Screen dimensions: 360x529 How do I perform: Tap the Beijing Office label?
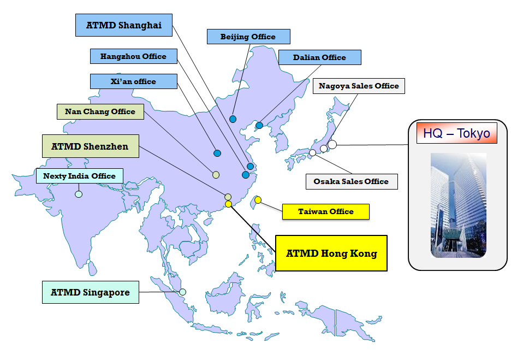pos(248,37)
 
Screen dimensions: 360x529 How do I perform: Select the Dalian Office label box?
pos(319,57)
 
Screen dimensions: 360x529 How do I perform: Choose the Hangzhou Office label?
pos(134,56)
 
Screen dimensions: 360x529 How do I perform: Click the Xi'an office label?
pos(133,81)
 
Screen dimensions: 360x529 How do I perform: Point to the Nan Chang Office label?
pos(100,111)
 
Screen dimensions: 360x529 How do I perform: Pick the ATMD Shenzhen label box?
pos(90,146)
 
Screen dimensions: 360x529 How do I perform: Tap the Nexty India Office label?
pos(79,176)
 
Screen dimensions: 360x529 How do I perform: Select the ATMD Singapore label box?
pos(90,292)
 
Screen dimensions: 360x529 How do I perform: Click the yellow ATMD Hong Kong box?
pos(331,253)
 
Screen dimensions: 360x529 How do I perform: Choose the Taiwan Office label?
pos(326,211)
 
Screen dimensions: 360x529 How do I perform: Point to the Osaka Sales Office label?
pos(351,181)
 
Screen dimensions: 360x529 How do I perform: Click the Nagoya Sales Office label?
pos(359,86)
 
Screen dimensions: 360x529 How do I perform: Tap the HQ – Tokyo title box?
pos(457,133)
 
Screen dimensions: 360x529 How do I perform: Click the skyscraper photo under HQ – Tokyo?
pos(458,205)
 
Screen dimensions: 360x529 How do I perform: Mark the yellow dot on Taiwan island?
pos(258,200)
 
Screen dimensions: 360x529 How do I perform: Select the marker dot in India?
pos(79,194)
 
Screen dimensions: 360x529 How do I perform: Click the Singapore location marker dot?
pos(182,292)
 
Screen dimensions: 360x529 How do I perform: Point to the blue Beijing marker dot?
pos(233,119)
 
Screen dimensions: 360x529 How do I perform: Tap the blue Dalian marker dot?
pos(259,126)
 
